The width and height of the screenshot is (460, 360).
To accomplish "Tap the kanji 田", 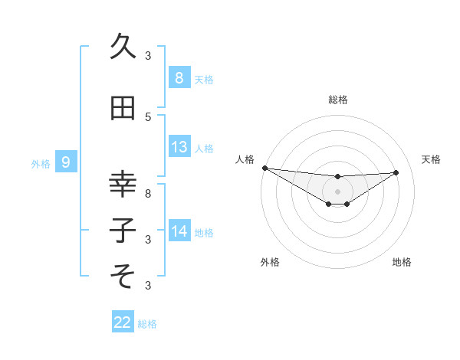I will click(123, 109).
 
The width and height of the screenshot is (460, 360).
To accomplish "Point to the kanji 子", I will click(123, 229).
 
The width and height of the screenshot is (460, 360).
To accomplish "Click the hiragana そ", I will click(123, 273).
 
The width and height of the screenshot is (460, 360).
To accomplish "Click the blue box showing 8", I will click(179, 78).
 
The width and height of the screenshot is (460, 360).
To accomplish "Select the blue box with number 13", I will click(179, 147).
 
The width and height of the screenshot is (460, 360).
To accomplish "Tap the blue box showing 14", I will click(179, 231).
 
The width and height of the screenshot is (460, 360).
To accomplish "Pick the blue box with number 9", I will click(66, 162).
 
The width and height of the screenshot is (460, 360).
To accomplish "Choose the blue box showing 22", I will click(123, 322).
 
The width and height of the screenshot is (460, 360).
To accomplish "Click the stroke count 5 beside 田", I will click(148, 116).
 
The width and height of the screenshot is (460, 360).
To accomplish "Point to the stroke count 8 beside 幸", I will click(148, 194).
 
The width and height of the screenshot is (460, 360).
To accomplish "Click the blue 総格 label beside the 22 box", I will click(147, 323).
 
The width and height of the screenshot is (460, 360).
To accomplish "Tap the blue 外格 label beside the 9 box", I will click(41, 162).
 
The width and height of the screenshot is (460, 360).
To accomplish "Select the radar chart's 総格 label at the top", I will click(337, 100).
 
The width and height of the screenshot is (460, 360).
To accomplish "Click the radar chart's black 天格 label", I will click(432, 159).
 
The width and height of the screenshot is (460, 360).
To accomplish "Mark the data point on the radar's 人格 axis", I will click(264, 168).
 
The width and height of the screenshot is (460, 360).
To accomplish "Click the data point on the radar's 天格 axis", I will click(396, 172).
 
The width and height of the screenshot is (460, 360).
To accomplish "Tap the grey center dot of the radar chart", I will click(337, 191).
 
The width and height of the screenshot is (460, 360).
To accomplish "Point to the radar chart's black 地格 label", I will click(402, 262).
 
